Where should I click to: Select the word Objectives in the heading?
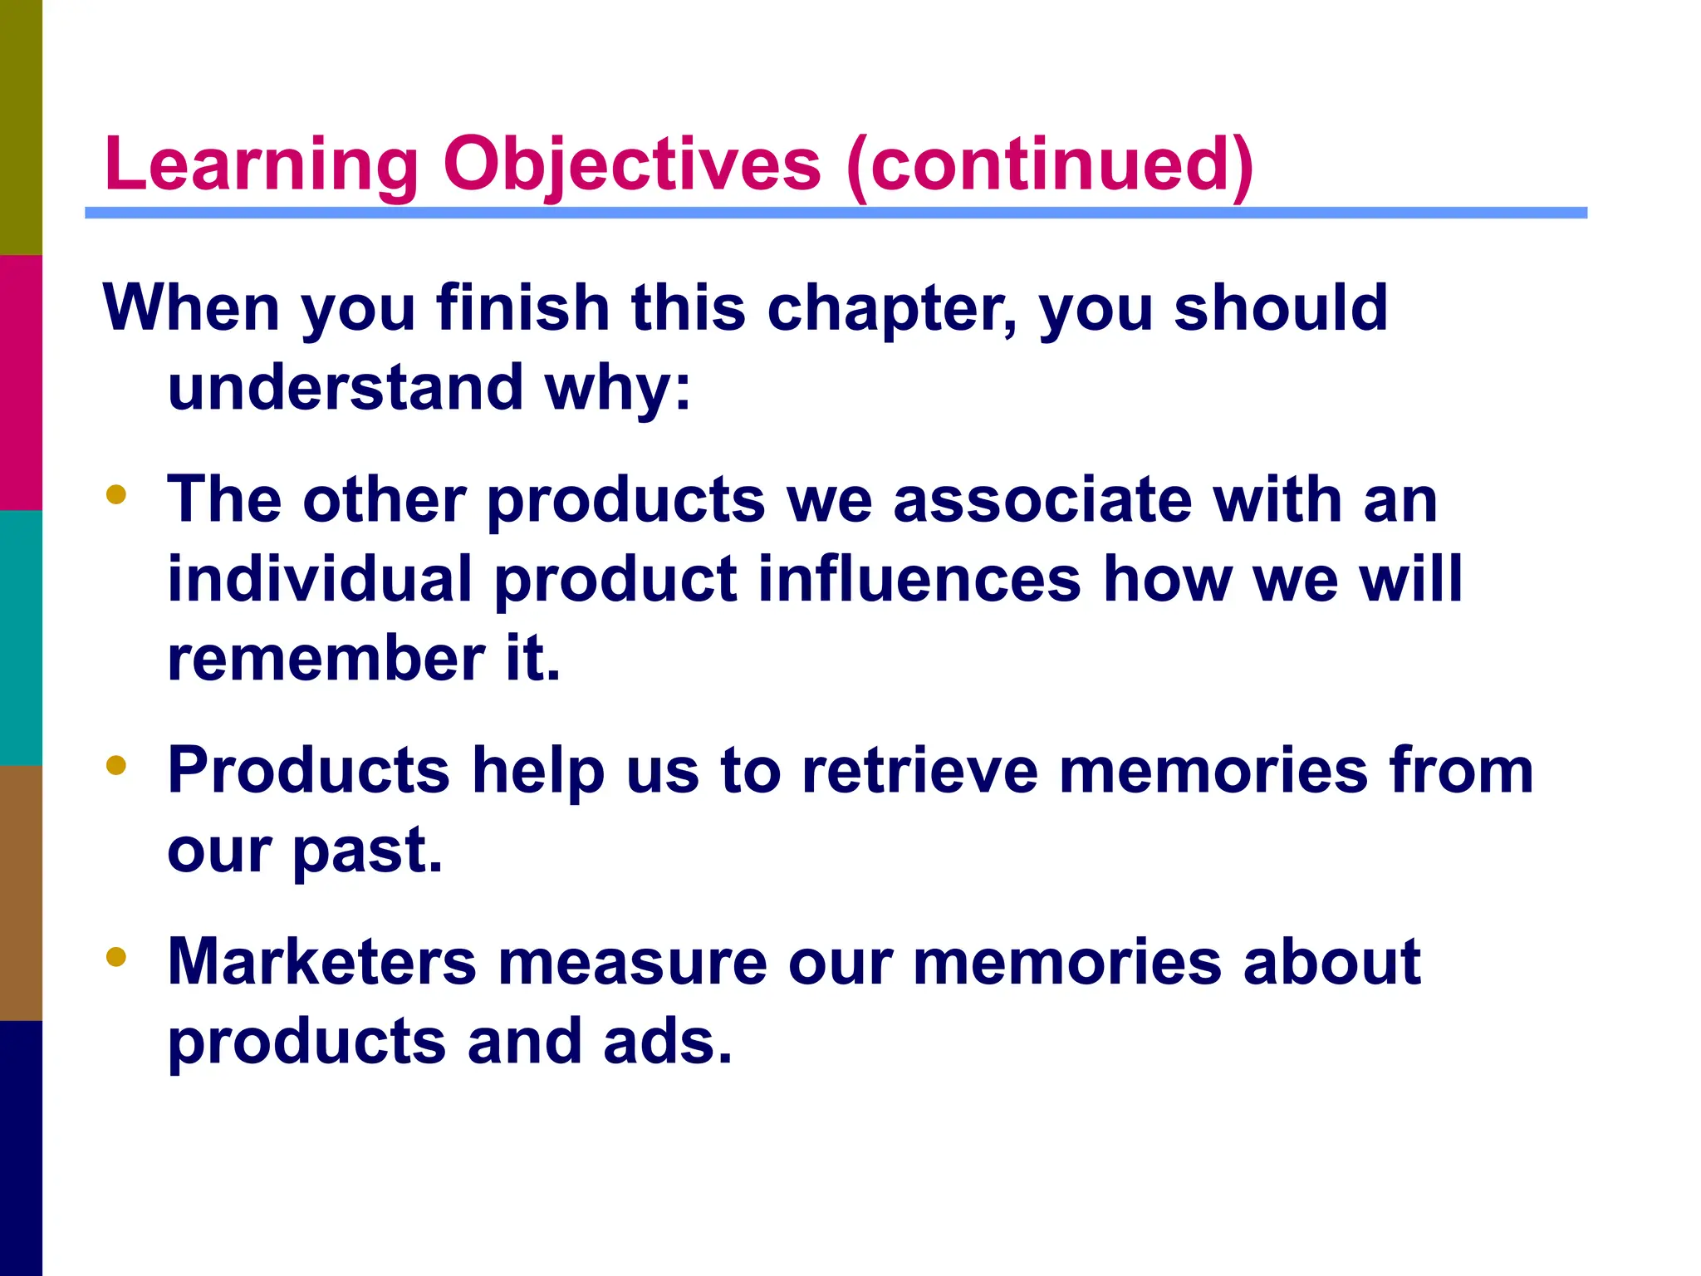coord(631,164)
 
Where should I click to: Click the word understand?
coord(345,388)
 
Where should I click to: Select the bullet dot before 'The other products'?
coord(116,495)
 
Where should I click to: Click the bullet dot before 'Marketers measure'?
coord(116,957)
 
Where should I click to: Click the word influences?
coord(919,579)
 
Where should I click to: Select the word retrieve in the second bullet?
coord(919,771)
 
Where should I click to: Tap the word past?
coord(367,852)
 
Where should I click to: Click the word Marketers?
coord(322,962)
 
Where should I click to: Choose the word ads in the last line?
coord(668,1042)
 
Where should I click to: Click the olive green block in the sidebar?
coord(21,127)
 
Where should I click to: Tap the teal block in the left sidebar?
coord(21,637)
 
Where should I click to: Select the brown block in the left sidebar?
coord(21,892)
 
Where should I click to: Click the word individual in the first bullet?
coord(320,579)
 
